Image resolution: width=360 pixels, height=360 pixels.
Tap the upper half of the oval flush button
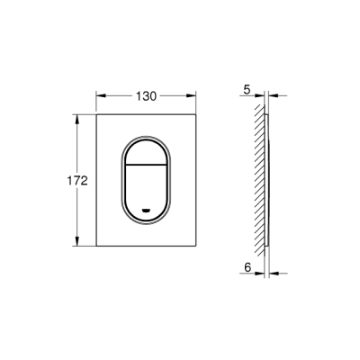click(147, 151)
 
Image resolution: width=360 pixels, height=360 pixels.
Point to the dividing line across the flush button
click(147, 167)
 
